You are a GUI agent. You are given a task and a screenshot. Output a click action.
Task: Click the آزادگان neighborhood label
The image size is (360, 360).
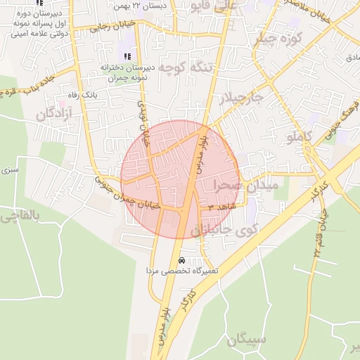click(56, 114)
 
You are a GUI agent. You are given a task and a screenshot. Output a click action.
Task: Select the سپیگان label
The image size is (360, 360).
click(247, 340)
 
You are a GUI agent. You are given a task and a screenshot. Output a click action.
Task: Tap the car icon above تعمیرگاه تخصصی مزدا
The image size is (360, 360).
click(183, 259)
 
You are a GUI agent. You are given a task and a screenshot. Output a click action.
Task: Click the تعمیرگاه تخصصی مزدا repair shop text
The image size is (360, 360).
click(183, 271)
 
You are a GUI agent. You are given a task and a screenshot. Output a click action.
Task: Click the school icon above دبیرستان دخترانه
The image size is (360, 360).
click(127, 56)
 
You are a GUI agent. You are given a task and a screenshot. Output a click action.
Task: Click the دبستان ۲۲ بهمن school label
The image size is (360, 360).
click(148, 5)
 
